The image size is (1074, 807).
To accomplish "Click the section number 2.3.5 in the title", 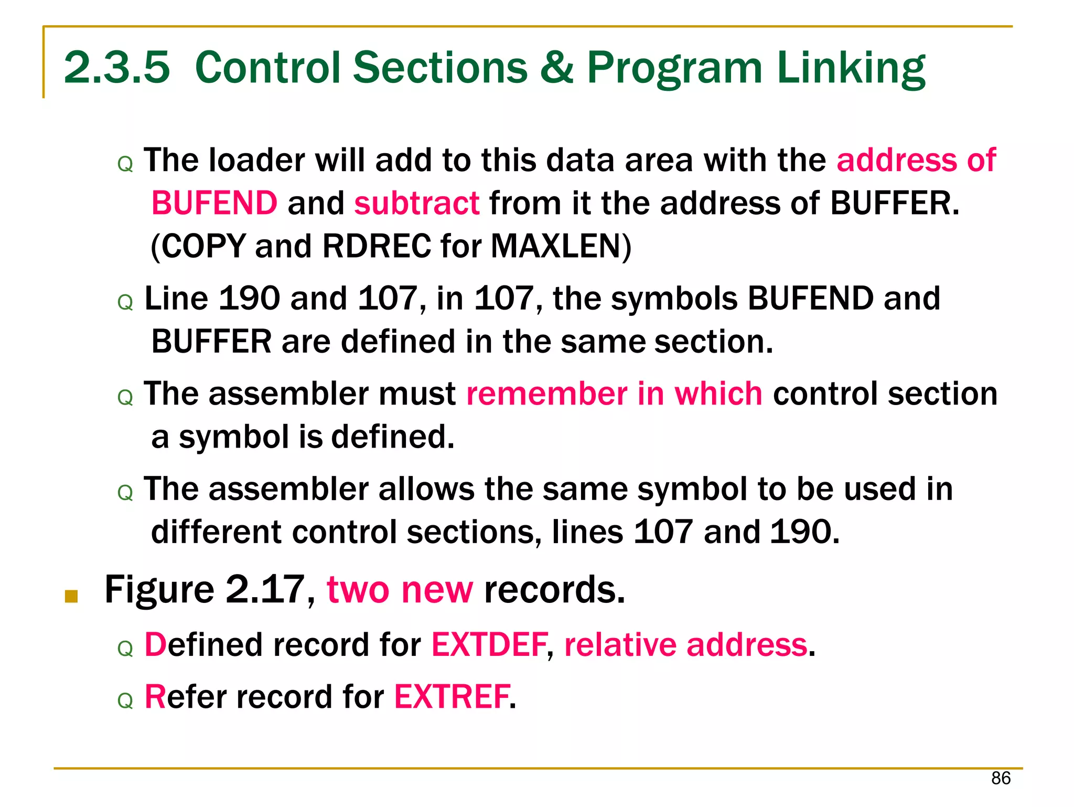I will tap(117, 68).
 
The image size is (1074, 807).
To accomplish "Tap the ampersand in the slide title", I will tap(557, 68).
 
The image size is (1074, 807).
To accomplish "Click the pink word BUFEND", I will tap(214, 203).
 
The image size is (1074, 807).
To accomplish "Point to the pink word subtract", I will tap(417, 203).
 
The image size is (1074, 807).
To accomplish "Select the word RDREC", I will tap(377, 246).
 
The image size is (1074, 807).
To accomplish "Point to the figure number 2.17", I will tap(265, 590).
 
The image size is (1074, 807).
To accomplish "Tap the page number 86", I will tap(1001, 778).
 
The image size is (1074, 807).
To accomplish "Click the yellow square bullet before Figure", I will tap(71, 596).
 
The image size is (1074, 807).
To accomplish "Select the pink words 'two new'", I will tap(400, 590).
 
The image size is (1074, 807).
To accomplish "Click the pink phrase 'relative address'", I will tap(685, 645).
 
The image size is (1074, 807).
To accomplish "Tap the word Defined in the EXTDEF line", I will tap(203, 645).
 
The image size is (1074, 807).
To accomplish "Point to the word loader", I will tap(256, 160).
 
